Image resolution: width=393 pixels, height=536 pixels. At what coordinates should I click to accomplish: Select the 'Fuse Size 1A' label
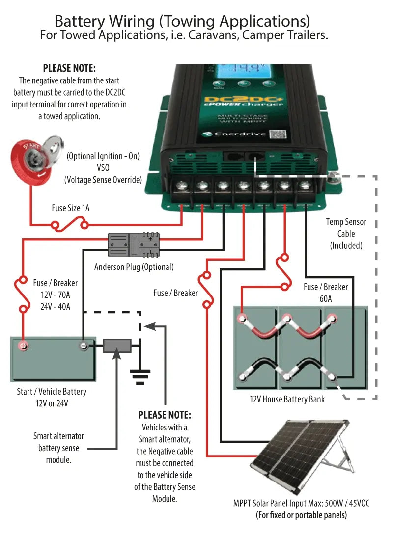point(71,208)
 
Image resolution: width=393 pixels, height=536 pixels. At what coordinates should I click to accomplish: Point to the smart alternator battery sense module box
point(117,346)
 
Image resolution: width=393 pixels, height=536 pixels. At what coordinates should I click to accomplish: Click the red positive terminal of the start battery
point(23,346)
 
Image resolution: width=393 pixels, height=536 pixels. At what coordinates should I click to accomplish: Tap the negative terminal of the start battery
point(83,346)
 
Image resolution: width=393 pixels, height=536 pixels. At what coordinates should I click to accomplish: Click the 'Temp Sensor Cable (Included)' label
point(346,234)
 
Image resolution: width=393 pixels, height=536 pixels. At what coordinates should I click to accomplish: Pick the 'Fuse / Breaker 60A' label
point(326,292)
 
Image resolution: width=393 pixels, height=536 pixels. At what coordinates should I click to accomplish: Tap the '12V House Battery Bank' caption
point(287,399)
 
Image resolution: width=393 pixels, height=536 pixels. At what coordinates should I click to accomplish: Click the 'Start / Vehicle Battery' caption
point(51,391)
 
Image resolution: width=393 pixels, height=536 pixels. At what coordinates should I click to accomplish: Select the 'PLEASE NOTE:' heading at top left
point(69,68)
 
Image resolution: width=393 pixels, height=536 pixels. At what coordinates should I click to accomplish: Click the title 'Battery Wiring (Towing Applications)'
point(182,21)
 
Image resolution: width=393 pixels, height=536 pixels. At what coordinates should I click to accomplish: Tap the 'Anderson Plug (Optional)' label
point(134,267)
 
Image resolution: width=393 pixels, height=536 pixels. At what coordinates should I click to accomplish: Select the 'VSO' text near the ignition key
point(103,168)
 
